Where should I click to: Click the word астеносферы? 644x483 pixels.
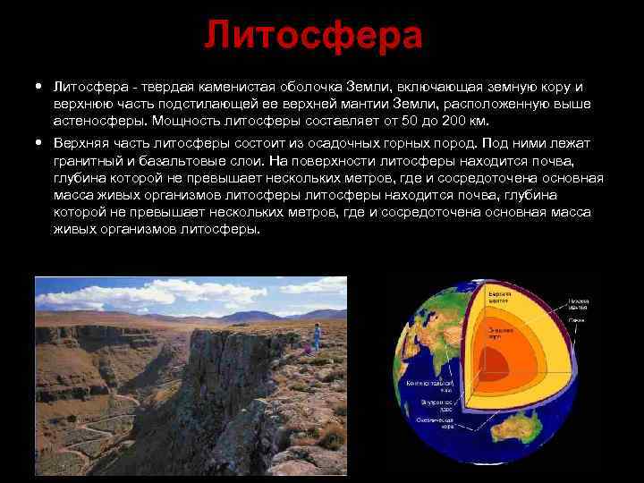point(97,120)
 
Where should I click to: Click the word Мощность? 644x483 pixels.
point(185,120)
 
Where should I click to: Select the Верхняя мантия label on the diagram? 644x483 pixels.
point(499,295)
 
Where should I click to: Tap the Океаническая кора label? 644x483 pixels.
point(433,421)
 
